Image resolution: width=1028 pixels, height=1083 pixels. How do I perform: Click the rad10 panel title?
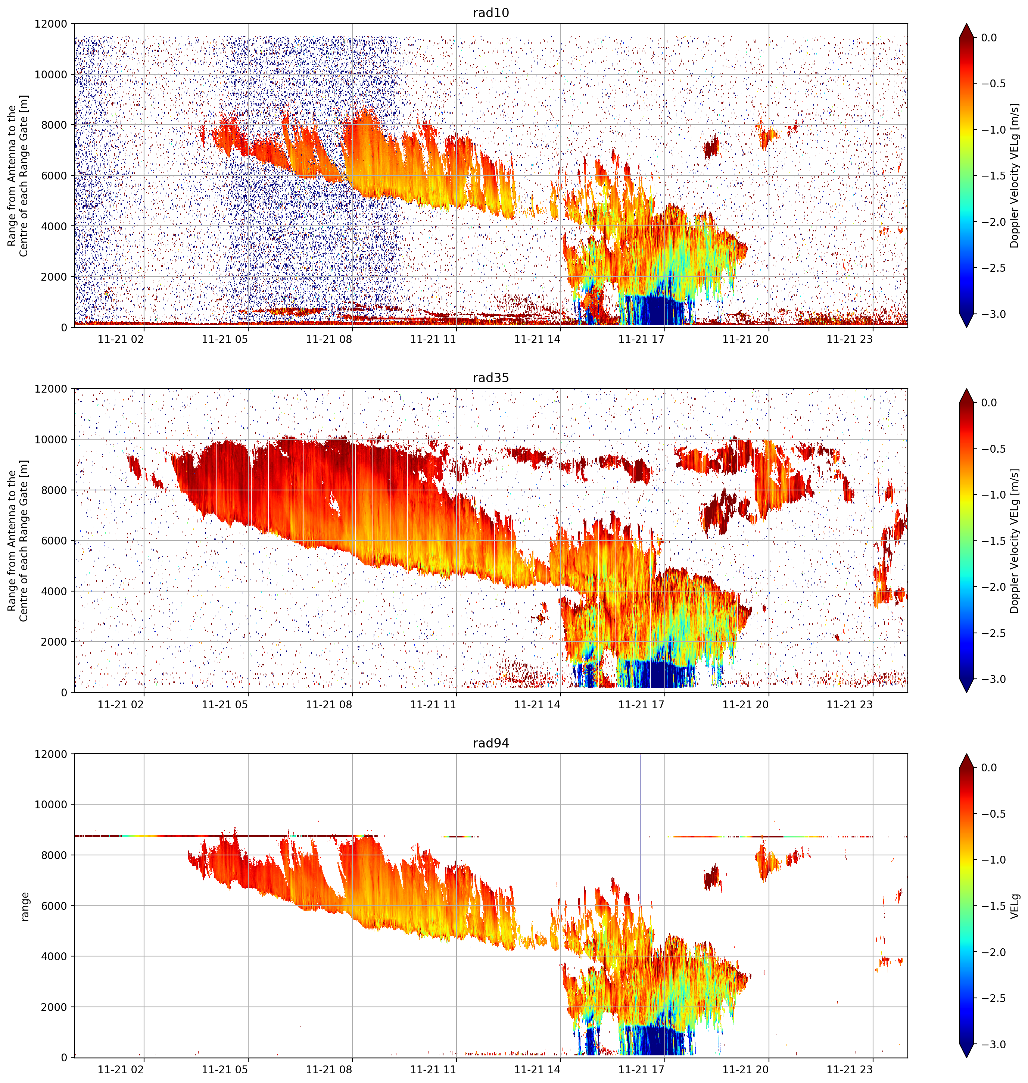coord(490,13)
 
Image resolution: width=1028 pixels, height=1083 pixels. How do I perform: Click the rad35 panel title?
coord(490,378)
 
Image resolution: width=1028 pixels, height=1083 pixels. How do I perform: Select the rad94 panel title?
coord(490,743)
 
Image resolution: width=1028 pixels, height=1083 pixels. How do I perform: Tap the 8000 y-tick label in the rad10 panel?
coord(54,125)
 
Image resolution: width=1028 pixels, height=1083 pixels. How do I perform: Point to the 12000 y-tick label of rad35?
coord(51,389)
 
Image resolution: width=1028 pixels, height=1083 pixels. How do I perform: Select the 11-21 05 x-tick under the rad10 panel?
coord(225,339)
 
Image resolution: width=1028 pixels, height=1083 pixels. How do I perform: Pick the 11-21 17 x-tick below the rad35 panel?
coord(641,705)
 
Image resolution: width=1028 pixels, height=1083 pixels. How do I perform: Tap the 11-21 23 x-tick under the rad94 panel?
coord(849,1070)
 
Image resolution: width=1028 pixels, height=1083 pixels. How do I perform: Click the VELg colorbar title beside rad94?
coord(1015,906)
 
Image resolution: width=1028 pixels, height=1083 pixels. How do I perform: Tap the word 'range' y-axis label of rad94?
coord(24,906)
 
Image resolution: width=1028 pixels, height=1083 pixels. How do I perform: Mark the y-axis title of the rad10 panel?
coord(18,175)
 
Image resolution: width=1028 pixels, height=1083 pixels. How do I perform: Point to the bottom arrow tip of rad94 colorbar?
coord(967,1057)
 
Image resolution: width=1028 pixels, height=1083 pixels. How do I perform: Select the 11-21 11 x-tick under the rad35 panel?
coord(433,705)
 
